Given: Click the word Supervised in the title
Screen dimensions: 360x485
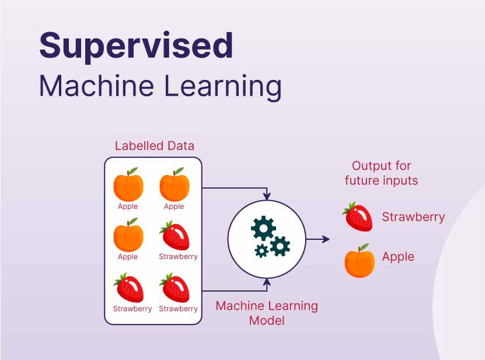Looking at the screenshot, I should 136,47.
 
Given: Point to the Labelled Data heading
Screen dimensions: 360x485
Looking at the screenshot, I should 154,146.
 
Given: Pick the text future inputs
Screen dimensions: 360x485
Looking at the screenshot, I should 381,180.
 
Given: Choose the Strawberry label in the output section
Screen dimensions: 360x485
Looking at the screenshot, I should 413,217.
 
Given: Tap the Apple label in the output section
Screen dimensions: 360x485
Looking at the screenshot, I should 398,257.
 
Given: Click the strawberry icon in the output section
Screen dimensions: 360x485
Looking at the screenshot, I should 357,216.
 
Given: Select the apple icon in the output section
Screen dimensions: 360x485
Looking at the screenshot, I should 359,261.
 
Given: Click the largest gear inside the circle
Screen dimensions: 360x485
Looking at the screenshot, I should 263,228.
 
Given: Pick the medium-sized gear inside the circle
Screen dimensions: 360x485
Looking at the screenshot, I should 280,246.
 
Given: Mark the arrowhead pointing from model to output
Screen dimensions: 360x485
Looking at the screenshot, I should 325,239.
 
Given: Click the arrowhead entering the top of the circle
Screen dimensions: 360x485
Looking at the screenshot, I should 267,196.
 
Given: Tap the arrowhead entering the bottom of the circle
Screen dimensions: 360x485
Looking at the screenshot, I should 267,282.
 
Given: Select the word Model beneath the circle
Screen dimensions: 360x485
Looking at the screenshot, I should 267,321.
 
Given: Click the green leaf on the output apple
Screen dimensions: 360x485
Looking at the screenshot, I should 364,247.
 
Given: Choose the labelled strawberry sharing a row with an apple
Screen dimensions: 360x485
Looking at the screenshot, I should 175,236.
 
